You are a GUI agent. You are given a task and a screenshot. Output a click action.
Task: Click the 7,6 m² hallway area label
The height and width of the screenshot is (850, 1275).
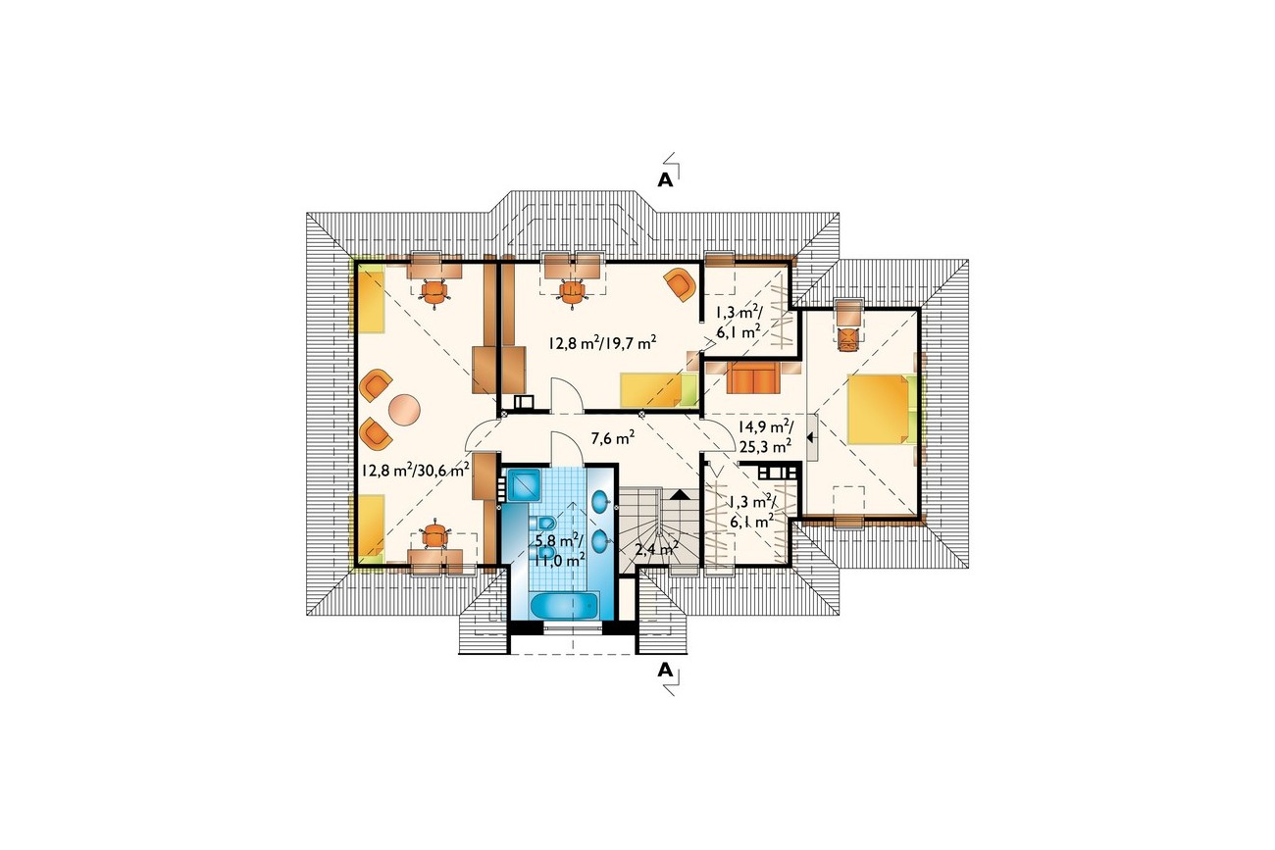pos(612,438)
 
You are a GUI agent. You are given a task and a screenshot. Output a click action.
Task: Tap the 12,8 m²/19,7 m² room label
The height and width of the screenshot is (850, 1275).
pos(602,343)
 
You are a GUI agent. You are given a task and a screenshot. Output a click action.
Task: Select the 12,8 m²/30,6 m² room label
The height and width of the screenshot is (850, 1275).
pos(415,470)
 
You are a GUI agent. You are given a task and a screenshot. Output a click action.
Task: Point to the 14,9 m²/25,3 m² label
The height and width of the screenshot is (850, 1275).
pos(766,436)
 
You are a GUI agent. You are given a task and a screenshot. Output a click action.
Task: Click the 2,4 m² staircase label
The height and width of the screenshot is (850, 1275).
pos(656,548)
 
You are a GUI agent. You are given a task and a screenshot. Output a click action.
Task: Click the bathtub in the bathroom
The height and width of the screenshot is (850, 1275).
pos(565,605)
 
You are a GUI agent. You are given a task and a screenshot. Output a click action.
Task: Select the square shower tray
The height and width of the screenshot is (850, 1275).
pos(524,485)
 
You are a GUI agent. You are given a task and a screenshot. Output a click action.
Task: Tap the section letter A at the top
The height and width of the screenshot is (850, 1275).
pos(665,179)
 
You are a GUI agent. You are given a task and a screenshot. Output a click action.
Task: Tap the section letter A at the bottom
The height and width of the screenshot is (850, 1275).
pos(665,671)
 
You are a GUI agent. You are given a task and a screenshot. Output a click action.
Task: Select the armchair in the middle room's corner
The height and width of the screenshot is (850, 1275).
pos(680,284)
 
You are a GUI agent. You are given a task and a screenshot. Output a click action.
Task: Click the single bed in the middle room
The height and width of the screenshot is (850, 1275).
pos(659,390)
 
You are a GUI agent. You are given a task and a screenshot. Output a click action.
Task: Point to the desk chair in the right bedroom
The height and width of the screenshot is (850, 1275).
pos(848,338)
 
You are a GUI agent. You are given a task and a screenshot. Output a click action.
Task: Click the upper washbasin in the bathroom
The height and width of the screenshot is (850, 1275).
pos(601,501)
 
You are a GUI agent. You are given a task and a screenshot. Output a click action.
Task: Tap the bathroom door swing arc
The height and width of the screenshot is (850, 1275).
pos(566,442)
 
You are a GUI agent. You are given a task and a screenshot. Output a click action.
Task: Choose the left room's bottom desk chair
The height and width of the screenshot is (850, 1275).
pos(434,535)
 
